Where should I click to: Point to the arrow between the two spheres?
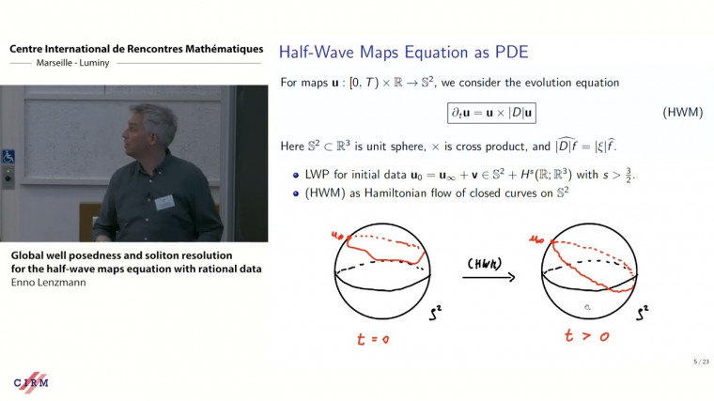tap(489, 276)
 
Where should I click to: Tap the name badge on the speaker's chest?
tap(165, 201)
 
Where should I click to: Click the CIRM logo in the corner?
tap(31, 381)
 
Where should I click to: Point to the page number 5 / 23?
tap(695, 362)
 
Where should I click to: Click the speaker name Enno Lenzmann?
tap(50, 282)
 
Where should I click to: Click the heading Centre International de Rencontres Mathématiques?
tap(135, 48)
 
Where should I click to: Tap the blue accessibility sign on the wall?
tap(8, 157)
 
